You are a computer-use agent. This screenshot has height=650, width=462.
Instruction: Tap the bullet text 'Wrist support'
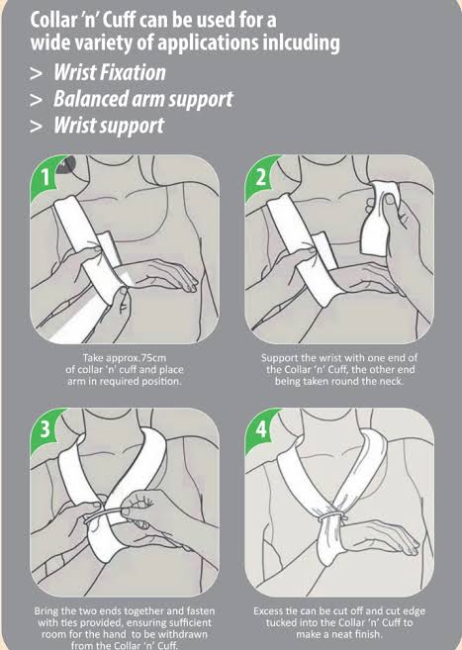tap(109, 127)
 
